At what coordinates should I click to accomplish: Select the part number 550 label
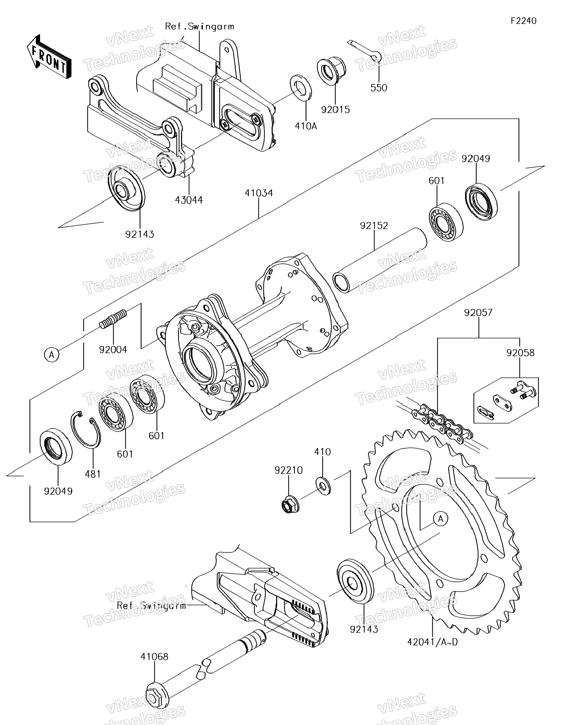379,88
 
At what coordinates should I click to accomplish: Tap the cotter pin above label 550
364,50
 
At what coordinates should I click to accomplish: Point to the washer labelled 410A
301,87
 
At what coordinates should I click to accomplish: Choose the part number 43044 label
189,200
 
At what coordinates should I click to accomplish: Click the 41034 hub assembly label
259,193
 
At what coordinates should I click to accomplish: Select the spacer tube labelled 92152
379,260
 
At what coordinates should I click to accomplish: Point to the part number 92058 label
520,353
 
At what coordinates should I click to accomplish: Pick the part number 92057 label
478,313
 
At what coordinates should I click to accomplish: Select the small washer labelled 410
323,486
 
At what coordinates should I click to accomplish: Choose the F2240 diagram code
524,21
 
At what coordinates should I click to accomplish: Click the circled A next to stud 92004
52,355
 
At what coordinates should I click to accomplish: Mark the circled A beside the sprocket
441,518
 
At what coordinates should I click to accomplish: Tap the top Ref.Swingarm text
200,27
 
